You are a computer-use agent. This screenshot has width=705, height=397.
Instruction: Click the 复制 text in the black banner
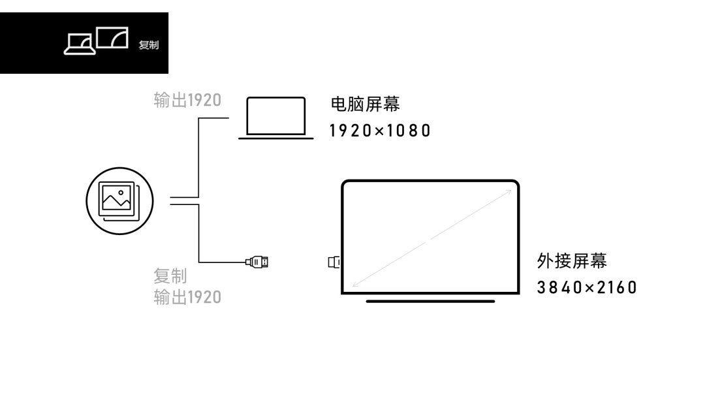point(148,45)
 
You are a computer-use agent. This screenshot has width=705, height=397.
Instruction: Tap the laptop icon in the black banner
point(80,44)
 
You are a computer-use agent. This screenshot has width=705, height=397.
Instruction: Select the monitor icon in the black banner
point(112,37)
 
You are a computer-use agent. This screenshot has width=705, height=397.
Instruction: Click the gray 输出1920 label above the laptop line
point(187,100)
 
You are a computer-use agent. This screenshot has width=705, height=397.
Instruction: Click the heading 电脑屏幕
point(365,104)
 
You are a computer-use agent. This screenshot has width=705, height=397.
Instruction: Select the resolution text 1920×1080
point(380,131)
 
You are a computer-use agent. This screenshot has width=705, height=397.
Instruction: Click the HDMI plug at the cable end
point(257,262)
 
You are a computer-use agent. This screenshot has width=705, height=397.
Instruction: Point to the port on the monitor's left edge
point(334,262)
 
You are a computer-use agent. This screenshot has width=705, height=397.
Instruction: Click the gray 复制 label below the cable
point(170,276)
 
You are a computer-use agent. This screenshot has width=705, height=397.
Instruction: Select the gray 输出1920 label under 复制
point(187,297)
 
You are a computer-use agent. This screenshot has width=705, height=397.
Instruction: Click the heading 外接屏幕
point(572,261)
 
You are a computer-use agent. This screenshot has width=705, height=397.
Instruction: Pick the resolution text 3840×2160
point(587,287)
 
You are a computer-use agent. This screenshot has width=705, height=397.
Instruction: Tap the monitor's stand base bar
point(430,301)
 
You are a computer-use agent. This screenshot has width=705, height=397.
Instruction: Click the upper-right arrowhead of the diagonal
point(509,192)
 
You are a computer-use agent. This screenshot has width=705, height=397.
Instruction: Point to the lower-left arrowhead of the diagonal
point(355,283)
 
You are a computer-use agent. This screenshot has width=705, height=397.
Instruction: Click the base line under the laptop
point(275,138)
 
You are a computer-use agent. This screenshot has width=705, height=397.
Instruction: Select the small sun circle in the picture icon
point(121,193)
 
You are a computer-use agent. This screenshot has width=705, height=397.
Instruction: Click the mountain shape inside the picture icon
point(116,202)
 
